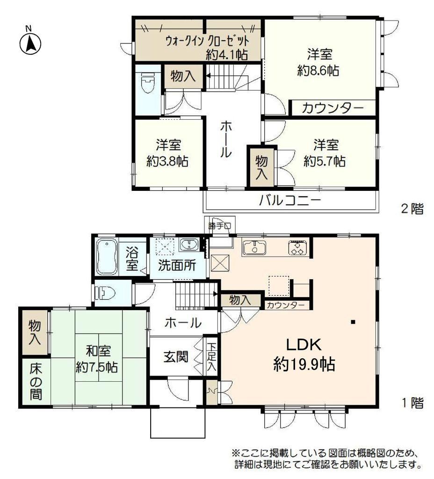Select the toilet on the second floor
[x=149, y=83]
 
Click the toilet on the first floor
[x=105, y=293]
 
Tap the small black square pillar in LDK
[x=353, y=322]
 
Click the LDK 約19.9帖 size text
[x=304, y=364]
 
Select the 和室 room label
[x=98, y=351]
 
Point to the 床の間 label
[x=36, y=382]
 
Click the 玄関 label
[x=176, y=356]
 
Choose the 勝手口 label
[x=220, y=226]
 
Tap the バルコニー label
[x=290, y=201]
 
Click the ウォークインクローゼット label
[x=207, y=41]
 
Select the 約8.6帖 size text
[x=318, y=71]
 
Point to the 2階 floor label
[x=412, y=209]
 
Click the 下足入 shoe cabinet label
[x=211, y=357]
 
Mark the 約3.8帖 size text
[x=167, y=161]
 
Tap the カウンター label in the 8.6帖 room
[x=333, y=108]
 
